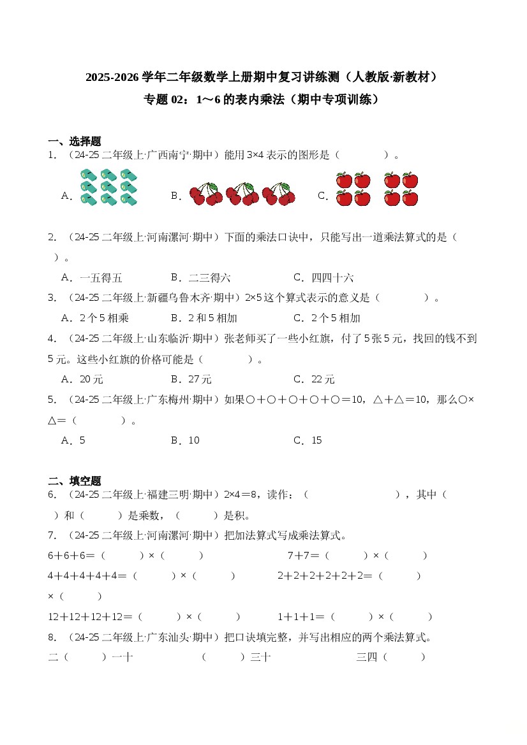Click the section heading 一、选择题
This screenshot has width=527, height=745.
pyautogui.click(x=75, y=141)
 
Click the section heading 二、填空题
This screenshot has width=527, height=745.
pyautogui.click(x=75, y=481)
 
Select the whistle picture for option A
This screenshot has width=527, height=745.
pyautogui.click(x=109, y=187)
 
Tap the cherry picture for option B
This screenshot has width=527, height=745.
pyautogui.click(x=242, y=194)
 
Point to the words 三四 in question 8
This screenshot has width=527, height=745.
pyautogui.click(x=366, y=657)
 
